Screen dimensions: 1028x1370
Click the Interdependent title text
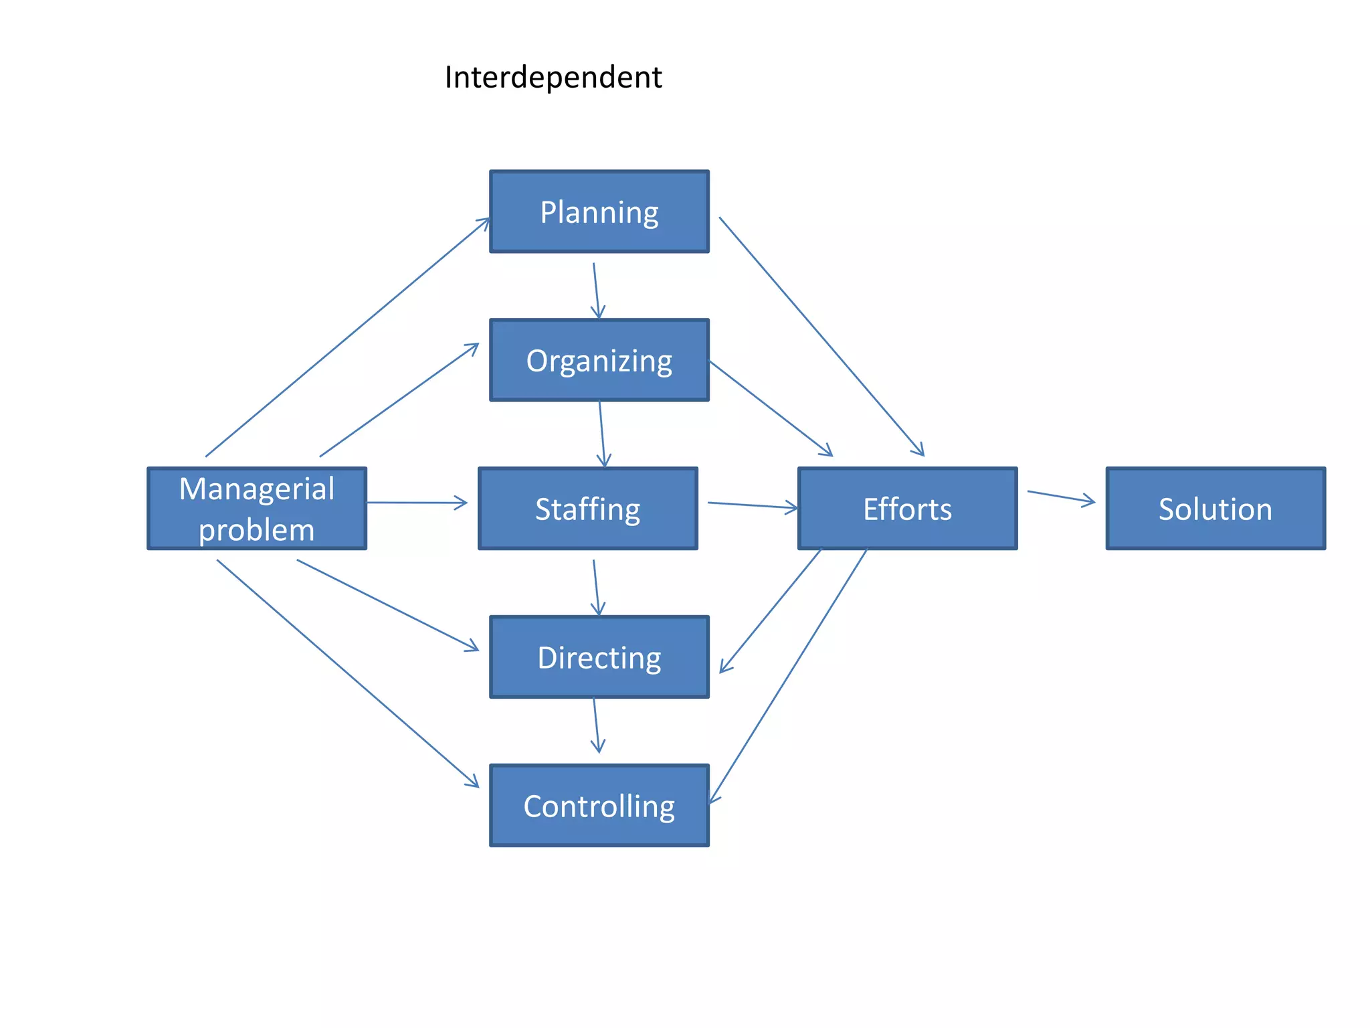pos(553,78)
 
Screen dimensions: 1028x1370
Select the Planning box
pos(599,212)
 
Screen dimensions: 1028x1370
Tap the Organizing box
pos(599,361)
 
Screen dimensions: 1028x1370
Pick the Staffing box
pos(587,509)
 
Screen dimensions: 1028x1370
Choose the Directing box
pos(599,657)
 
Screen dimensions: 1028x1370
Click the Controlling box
pos(599,806)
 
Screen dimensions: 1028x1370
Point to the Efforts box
pos(907,509)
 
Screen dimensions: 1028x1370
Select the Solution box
pos(1215,509)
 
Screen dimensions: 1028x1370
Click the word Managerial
pos(257,489)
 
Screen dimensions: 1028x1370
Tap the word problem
pos(257,530)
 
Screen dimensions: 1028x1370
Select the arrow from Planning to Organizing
pos(596,291)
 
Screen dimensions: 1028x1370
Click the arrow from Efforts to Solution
pos(1061,497)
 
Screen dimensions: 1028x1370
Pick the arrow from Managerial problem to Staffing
pos(417,503)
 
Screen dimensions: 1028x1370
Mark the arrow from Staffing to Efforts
pos(753,505)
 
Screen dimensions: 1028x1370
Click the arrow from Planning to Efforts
pos(821,337)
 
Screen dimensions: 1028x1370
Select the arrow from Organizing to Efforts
pos(771,408)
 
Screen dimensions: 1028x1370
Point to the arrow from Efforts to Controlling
pos(788,676)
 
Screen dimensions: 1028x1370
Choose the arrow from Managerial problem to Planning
pos(348,337)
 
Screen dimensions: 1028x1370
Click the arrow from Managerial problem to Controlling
pos(348,673)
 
